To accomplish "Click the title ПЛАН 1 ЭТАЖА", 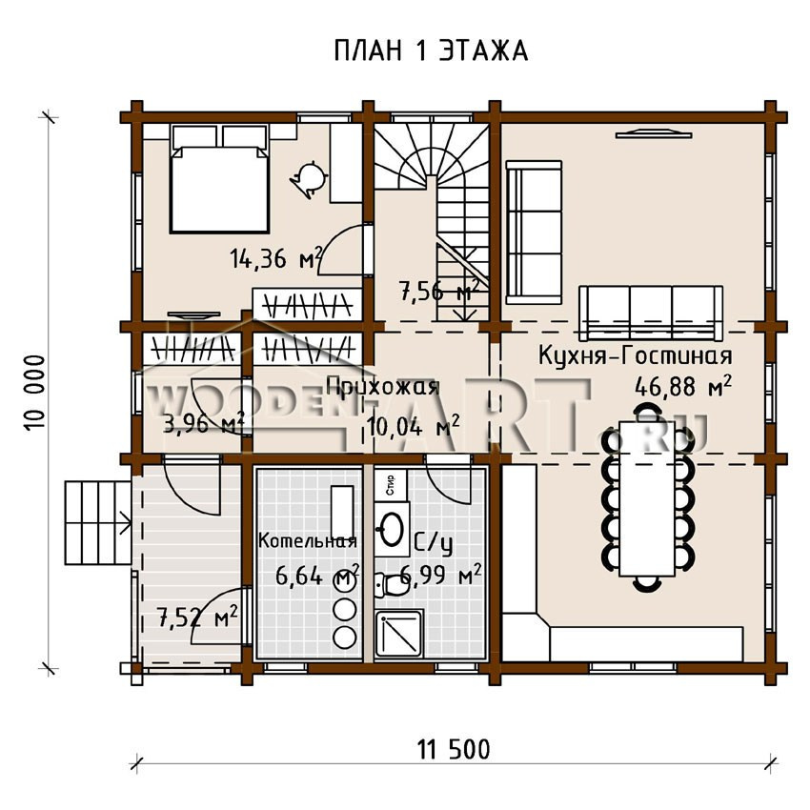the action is coord(431,51).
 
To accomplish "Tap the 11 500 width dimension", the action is coord(454,750).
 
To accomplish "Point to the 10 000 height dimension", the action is coord(34,392).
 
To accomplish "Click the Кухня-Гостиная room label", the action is coord(636,356).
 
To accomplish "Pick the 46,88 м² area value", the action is coord(683,386).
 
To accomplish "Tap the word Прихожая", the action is coord(383,386).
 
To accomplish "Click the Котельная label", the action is coord(308,541).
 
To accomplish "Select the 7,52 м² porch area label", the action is coord(197,617).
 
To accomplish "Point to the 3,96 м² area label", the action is coord(203,424).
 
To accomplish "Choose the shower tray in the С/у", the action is coord(399,635).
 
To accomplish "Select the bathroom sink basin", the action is coord(392,530).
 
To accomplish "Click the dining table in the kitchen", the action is coord(648,498).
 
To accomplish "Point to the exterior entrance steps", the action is coord(97,523).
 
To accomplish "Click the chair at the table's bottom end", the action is coord(647,584).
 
